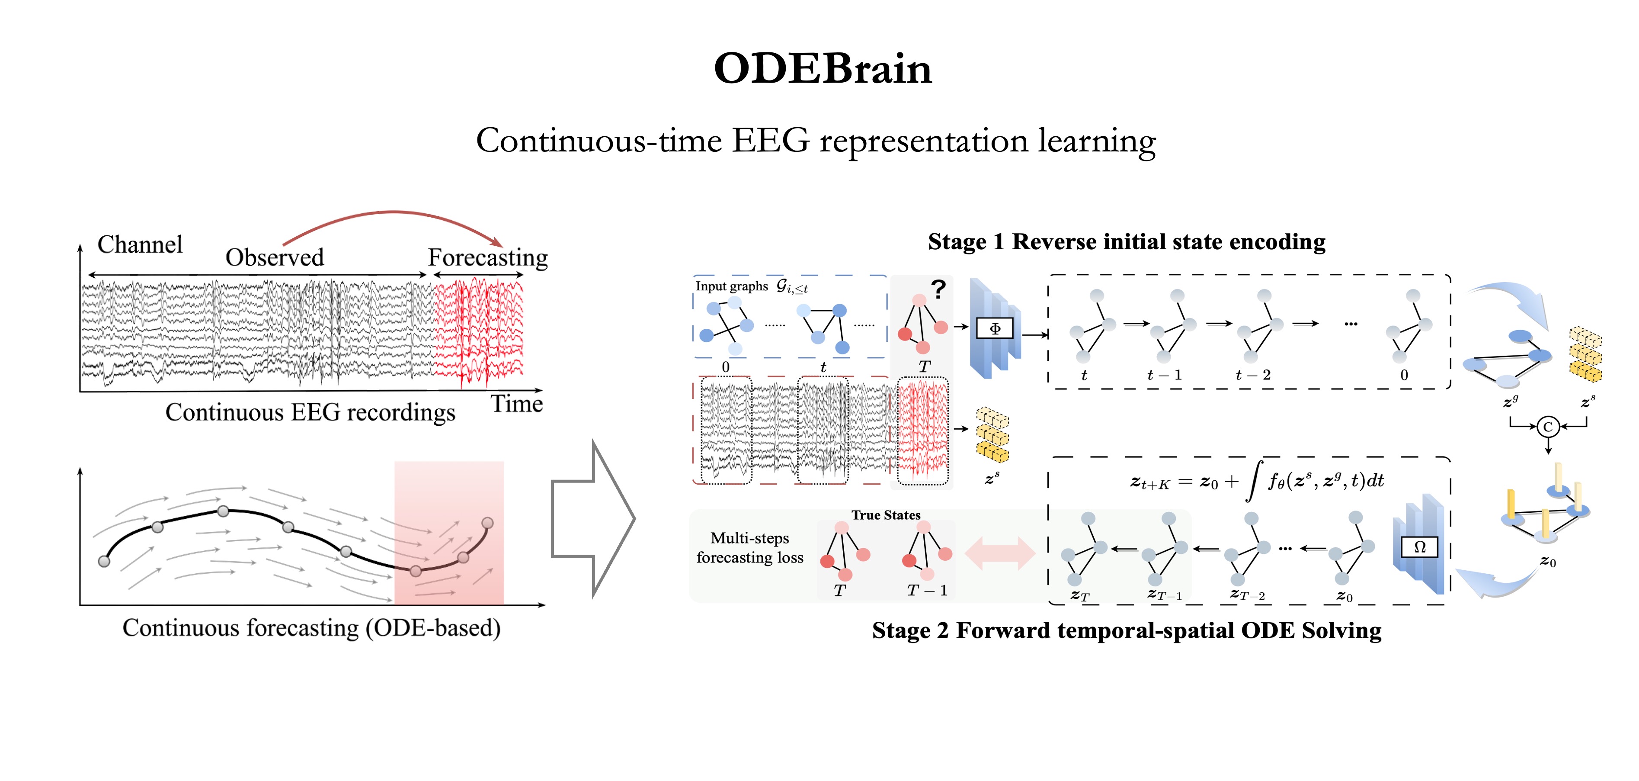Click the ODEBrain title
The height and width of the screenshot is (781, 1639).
tap(822, 69)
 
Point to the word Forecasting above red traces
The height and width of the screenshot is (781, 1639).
tap(487, 257)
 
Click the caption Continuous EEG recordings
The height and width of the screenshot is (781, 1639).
tap(310, 412)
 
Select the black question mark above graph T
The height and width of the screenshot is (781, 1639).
tap(938, 290)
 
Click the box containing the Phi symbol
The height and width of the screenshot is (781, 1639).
tap(995, 329)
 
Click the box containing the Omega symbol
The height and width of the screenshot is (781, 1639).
tap(1419, 547)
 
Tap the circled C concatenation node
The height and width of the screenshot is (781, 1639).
tap(1548, 427)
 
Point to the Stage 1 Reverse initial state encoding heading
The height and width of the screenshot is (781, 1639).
tap(1126, 242)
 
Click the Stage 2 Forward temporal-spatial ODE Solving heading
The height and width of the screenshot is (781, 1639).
tap(1126, 630)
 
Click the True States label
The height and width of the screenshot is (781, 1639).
tap(886, 515)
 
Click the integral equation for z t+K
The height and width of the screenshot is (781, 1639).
tap(1257, 481)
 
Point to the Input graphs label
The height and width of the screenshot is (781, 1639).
tap(732, 286)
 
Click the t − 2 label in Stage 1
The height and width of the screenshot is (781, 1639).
tap(1253, 375)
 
